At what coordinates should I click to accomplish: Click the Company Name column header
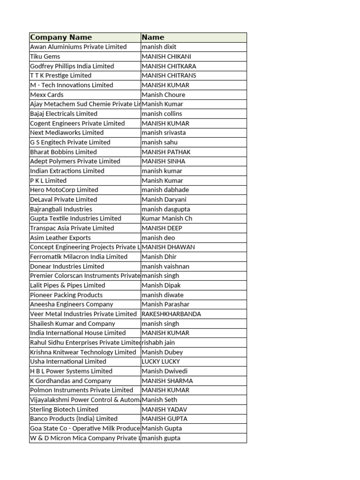click(x=61, y=37)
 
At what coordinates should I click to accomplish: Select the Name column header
click(x=153, y=37)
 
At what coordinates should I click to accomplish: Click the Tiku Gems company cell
click(x=45, y=56)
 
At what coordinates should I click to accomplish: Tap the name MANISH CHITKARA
click(x=169, y=66)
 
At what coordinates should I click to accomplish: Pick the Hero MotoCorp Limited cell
click(x=64, y=190)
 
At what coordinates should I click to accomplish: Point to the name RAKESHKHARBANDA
click(x=171, y=314)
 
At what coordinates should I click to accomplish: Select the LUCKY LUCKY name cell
click(x=161, y=361)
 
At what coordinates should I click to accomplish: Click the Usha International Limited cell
click(x=68, y=361)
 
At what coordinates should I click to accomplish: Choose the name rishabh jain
click(x=158, y=343)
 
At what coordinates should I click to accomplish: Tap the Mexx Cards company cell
click(x=47, y=95)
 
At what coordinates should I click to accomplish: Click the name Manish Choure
click(x=163, y=95)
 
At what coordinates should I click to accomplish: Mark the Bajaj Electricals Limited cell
click(x=64, y=113)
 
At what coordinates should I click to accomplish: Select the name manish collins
click(x=162, y=113)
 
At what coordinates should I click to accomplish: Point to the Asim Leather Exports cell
click(x=60, y=238)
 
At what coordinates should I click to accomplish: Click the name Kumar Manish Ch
click(x=167, y=218)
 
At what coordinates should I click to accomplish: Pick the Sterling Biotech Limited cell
click(x=64, y=409)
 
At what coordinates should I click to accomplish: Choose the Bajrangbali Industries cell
click(x=61, y=209)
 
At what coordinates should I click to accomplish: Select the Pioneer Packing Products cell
click(x=66, y=295)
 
